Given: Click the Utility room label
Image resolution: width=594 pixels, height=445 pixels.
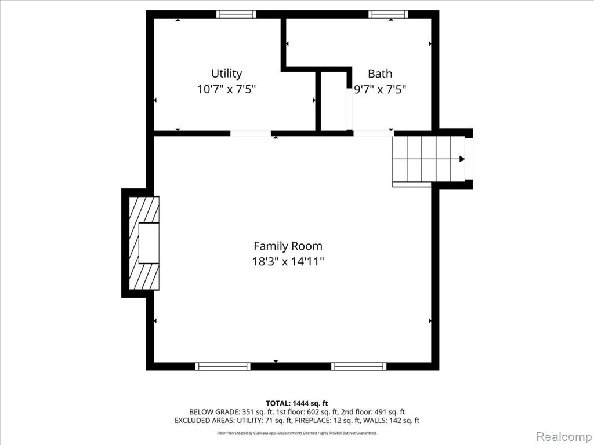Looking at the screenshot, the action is point(227,74).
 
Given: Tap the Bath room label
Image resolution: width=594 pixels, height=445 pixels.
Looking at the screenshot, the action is point(380,74).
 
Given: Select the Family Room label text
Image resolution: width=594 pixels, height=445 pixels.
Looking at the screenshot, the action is point(288,246).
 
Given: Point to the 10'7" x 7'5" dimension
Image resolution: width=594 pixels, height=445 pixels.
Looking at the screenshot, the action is point(227,89).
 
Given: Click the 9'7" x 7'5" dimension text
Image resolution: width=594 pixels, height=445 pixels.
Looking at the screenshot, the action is point(380,89).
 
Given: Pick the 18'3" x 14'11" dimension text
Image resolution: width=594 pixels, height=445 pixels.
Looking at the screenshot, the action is point(288,261).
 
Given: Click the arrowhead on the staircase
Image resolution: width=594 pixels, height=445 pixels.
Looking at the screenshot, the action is point(462,159).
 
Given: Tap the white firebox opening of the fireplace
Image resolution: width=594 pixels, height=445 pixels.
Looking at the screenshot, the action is point(149,243).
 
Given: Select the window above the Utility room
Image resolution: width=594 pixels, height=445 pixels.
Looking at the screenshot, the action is point(236,14).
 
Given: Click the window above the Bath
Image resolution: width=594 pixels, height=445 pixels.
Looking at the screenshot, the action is point(388,14).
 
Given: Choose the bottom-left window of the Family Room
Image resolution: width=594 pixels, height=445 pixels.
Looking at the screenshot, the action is point(223,366).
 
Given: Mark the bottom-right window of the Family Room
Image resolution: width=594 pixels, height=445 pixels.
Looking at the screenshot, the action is point(358,366).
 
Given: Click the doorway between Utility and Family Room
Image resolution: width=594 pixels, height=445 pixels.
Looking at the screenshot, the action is point(251,134).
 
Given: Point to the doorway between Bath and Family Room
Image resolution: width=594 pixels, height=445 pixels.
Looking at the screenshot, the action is point(374,134).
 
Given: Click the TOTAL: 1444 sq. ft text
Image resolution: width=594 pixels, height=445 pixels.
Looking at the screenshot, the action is point(297,403).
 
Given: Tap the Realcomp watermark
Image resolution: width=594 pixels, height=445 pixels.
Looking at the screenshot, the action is point(564,437).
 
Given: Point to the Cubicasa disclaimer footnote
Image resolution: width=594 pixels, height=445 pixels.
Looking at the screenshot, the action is point(297,433).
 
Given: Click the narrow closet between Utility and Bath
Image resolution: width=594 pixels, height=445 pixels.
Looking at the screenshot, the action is point(334,101).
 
